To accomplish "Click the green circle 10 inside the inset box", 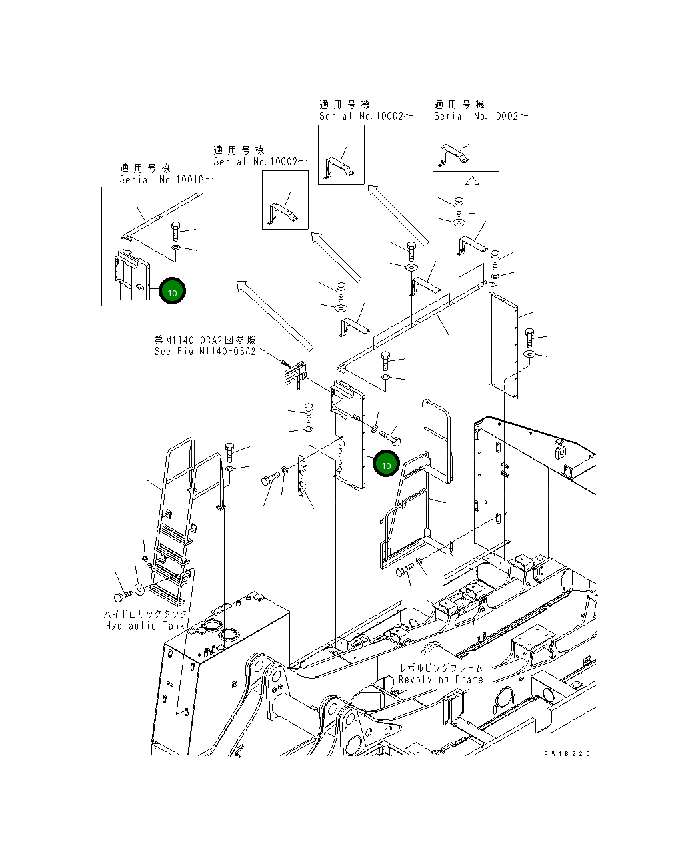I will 172,291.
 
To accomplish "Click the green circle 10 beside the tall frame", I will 386,464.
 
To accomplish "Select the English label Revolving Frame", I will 440,679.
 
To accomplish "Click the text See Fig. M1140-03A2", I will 205,351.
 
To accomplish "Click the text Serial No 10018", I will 166,179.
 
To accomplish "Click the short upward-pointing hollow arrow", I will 471,194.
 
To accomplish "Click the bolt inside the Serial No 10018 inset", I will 175,231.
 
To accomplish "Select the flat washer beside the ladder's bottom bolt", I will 139,589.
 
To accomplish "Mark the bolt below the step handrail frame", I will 405,571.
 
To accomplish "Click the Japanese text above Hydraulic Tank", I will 145,614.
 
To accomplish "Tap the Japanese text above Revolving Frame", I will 441,667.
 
